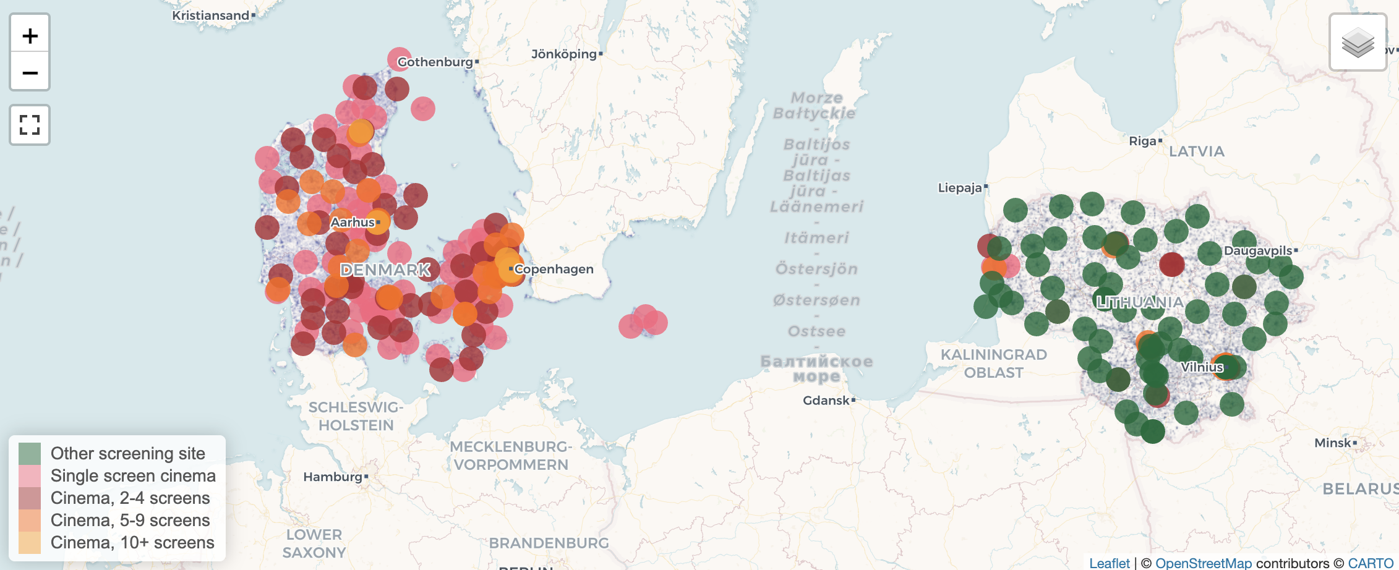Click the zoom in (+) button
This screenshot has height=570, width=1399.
[x=30, y=36]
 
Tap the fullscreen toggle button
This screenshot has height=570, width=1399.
[x=30, y=125]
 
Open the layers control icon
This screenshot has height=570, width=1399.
[x=1358, y=43]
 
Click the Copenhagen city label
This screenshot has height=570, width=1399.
[x=554, y=269]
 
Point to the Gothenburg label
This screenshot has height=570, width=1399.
[x=435, y=62]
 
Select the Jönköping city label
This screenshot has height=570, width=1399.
[x=563, y=54]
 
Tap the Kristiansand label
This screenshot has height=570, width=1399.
[x=210, y=15]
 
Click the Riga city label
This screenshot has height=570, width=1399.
[x=1142, y=141]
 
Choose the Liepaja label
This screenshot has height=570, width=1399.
[x=960, y=187]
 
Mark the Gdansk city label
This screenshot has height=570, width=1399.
[x=826, y=401]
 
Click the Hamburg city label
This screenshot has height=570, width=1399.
[x=333, y=477]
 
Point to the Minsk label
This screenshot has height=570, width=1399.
[x=1333, y=443]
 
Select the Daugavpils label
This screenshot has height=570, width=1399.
[x=1258, y=250]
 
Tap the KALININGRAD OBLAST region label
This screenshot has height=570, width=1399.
[x=993, y=364]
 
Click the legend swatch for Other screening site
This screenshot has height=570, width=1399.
[x=30, y=454]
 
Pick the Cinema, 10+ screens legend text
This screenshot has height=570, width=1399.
[x=132, y=542]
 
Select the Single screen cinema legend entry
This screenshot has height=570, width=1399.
[x=133, y=475]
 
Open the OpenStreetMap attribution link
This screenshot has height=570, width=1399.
[x=1203, y=563]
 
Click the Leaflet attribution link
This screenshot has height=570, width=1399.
[x=1109, y=563]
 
